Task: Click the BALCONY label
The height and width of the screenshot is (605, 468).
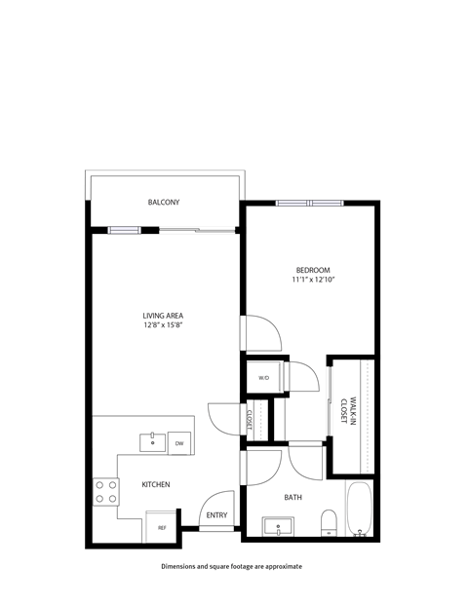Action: click(164, 203)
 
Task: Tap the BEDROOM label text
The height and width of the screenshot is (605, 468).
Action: click(313, 270)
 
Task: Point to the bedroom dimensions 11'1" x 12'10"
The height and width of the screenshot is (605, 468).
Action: click(313, 281)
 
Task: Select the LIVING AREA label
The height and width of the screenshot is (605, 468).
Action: click(164, 315)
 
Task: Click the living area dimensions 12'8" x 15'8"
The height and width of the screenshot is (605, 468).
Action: click(164, 325)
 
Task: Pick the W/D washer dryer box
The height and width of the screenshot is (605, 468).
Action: click(263, 378)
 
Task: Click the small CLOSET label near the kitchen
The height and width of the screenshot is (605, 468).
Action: click(250, 420)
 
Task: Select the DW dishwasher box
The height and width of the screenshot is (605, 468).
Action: click(179, 444)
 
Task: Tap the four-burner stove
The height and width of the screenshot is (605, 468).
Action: click(105, 491)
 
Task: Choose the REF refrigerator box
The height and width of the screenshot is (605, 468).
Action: click(162, 527)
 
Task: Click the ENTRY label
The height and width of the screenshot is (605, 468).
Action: click(215, 515)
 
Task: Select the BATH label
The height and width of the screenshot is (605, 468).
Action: click(293, 498)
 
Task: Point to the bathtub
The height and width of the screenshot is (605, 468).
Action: click(360, 509)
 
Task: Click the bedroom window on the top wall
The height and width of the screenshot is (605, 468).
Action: click(309, 203)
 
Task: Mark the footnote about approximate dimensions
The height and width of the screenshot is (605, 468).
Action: click(233, 566)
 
